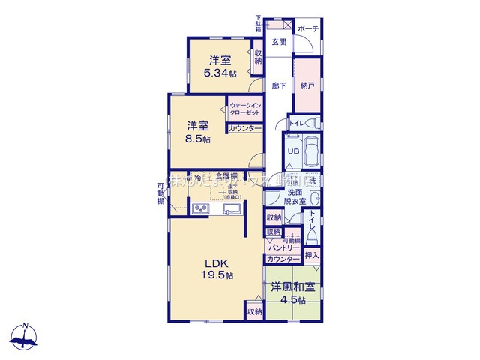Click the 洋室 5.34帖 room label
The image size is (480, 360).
(220, 66)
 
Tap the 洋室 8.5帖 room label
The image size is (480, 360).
(198, 131)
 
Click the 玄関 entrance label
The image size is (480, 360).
(279, 41)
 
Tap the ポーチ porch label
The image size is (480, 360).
(308, 29)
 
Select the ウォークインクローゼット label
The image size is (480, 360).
(245, 108)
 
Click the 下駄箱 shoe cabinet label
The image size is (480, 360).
(258, 22)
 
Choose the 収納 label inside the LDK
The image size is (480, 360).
(253, 310)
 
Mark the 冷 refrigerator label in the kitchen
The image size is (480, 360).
(197, 178)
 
